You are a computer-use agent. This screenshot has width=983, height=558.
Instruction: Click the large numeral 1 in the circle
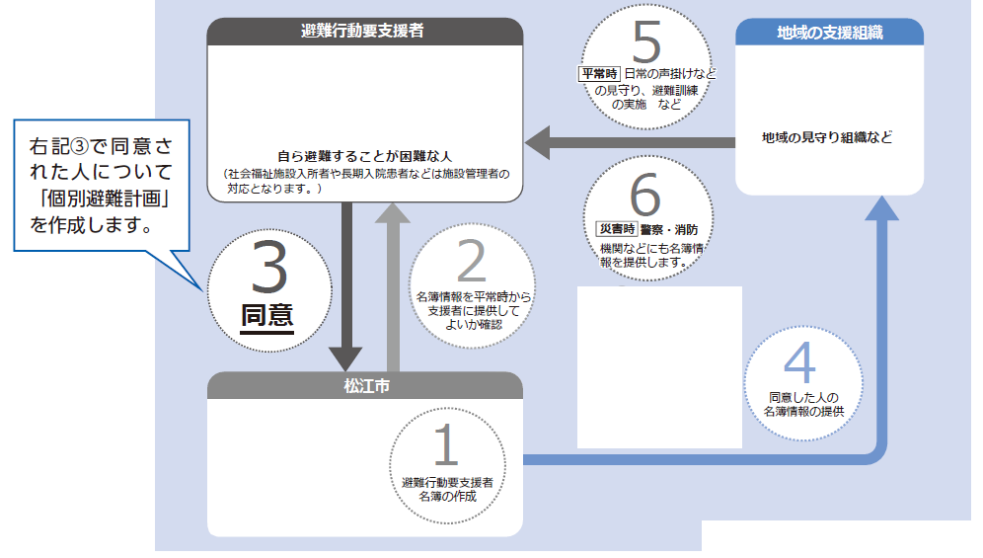447,444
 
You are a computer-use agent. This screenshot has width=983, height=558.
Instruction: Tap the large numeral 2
473,263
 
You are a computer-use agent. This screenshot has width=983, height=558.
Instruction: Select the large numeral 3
268,268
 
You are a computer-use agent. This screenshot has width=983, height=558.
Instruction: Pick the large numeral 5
647,43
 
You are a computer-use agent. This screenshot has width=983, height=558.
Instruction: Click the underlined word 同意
267,315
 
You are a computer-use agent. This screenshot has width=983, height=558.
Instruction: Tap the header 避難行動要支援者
363,31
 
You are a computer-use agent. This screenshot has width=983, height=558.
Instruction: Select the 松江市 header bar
364,385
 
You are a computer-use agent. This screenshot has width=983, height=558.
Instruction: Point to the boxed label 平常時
599,74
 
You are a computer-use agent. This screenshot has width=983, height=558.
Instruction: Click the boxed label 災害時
616,229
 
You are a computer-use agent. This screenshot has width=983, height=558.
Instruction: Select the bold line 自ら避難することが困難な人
363,155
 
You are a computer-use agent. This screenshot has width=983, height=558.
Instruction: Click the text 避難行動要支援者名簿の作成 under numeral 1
447,489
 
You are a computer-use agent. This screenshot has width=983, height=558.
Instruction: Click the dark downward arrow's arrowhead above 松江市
347,355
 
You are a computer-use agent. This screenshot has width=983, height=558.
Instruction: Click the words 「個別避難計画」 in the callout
98,198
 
